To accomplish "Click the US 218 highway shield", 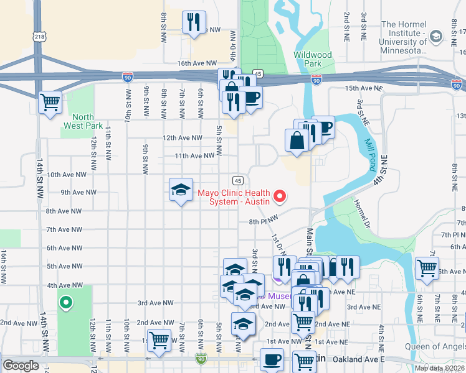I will pyautogui.click(x=40, y=37).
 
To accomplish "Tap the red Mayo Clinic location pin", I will pyautogui.click(x=280, y=197).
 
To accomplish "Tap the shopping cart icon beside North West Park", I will pyautogui.click(x=50, y=101).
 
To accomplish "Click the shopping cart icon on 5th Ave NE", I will pyautogui.click(x=427, y=267).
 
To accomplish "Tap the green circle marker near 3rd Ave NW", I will pyautogui.click(x=65, y=303).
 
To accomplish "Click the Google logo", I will pyautogui.click(x=21, y=366).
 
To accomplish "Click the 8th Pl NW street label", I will pyautogui.click(x=262, y=221).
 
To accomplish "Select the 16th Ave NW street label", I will pyautogui.click(x=191, y=63).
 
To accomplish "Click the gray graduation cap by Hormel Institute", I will pyautogui.click(x=436, y=37).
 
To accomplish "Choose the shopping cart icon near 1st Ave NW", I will pyautogui.click(x=159, y=340).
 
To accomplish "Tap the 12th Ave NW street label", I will pyautogui.click(x=183, y=137).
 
